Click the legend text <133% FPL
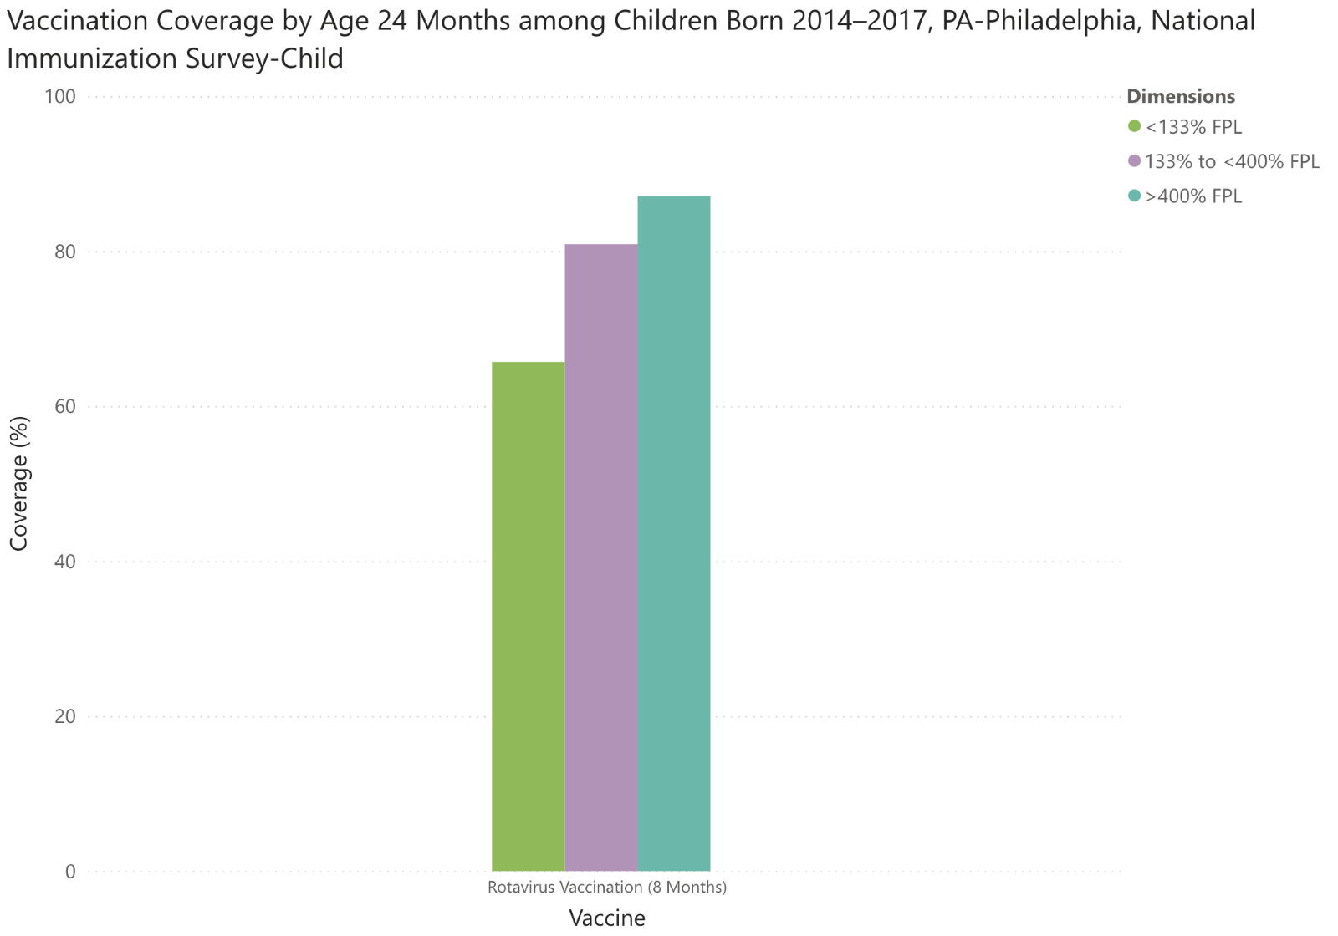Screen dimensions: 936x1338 [x=1193, y=127]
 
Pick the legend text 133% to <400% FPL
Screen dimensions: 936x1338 [x=1232, y=161]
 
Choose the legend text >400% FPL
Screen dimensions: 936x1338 [x=1193, y=196]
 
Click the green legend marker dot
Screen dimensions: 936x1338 [x=1135, y=126]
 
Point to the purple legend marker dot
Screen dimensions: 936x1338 [x=1135, y=160]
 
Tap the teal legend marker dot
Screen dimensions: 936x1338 [x=1135, y=196]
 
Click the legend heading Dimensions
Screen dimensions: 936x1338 [x=1180, y=96]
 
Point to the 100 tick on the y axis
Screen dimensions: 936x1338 [x=59, y=97]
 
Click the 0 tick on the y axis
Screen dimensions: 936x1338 [x=69, y=872]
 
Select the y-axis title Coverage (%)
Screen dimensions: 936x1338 [x=19, y=484]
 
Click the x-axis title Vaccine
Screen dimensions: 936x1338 [x=607, y=918]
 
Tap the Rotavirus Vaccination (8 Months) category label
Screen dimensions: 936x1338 [x=607, y=888]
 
